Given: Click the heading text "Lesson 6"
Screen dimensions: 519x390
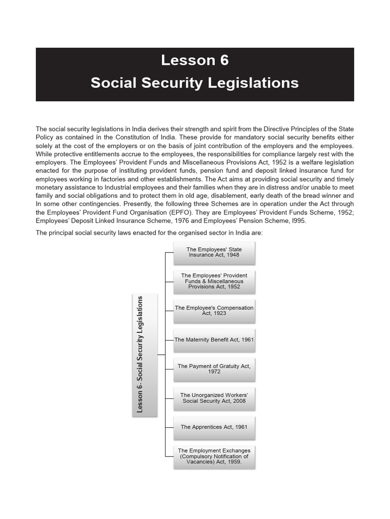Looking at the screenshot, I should click(x=194, y=60).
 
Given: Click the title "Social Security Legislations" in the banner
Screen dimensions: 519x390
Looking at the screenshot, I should click(x=194, y=83).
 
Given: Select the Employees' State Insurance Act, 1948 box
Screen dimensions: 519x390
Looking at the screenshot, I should click(x=214, y=252).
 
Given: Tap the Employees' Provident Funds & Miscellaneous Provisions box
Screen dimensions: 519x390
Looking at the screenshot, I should click(x=214, y=281).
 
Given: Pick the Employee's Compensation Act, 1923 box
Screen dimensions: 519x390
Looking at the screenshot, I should click(x=214, y=310).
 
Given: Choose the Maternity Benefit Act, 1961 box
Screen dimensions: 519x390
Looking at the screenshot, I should click(x=214, y=340).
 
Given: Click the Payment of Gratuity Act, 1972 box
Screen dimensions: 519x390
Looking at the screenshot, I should click(x=214, y=368).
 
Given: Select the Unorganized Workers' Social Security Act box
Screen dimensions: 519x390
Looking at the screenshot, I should click(x=214, y=398).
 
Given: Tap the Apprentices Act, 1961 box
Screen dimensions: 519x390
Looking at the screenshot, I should click(x=214, y=427).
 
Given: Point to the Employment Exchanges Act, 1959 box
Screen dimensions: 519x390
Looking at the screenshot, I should click(x=214, y=456).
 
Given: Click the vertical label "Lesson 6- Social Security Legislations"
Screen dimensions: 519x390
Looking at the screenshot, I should click(x=141, y=355).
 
